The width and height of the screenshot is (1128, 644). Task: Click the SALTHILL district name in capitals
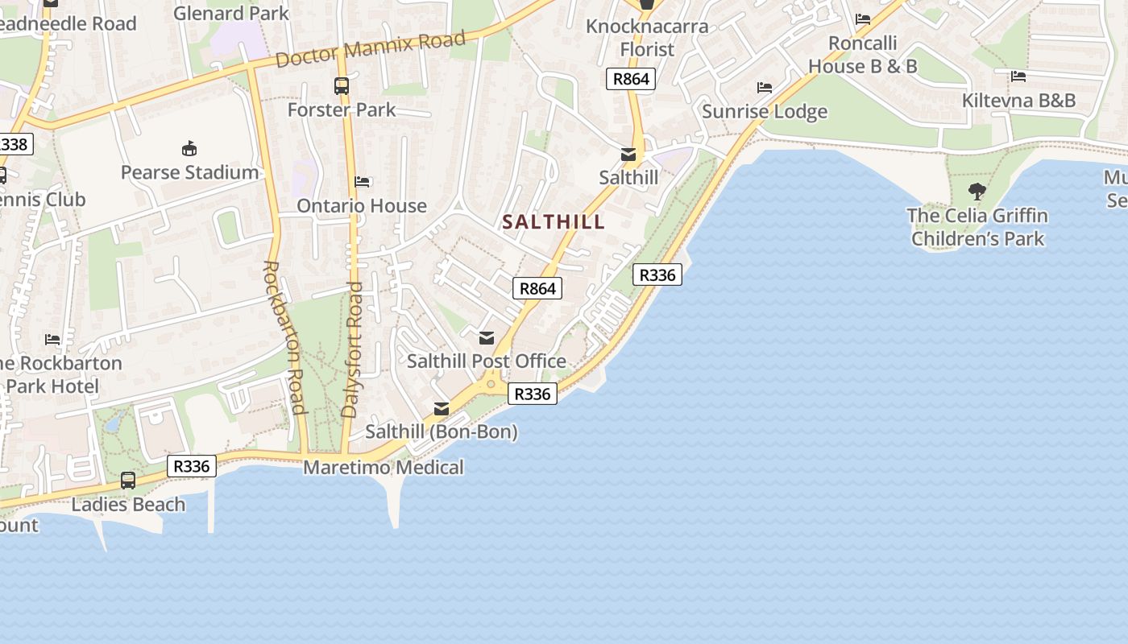point(554,222)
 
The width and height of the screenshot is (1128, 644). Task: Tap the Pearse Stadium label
point(189,172)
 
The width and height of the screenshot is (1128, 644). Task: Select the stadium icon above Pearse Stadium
point(189,148)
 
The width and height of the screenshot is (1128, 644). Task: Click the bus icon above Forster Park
point(342,86)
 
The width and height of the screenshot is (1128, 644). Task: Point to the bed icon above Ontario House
point(362,182)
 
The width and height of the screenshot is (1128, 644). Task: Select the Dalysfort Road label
point(352,349)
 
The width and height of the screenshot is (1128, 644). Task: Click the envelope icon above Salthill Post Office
point(486,338)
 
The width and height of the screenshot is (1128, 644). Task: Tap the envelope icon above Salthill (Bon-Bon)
point(442,409)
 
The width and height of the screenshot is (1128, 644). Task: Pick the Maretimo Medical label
point(384,468)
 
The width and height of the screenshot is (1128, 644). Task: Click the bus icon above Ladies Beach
point(128,481)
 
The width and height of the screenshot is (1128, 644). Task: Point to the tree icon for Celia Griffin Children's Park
point(977,192)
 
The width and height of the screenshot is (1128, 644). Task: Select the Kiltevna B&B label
point(1018,101)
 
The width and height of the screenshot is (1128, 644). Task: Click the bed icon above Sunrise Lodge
point(765,87)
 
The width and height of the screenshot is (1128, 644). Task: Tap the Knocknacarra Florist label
point(647,38)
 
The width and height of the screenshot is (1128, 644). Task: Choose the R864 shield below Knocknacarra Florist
point(630,79)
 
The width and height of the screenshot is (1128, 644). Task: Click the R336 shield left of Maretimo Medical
point(192,466)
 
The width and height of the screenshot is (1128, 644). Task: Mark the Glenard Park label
point(231,13)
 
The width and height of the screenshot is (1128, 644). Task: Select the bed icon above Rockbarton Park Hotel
point(53,339)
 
